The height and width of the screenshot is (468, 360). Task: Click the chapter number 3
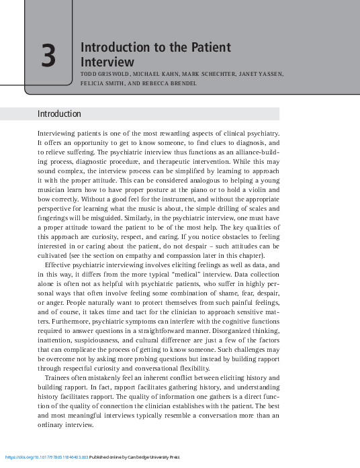(x=48, y=56)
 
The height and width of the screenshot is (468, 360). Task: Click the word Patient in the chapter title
(x=208, y=48)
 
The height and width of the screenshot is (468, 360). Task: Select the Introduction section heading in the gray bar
(x=59, y=114)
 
